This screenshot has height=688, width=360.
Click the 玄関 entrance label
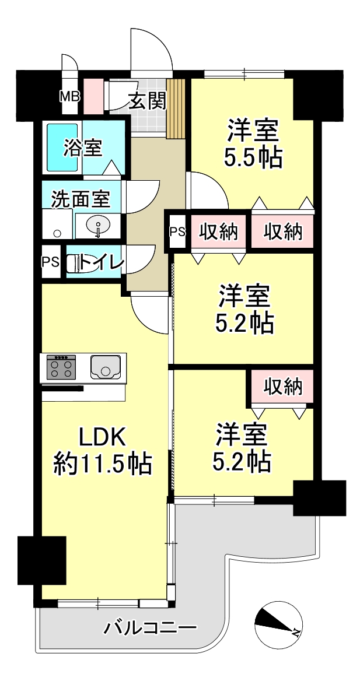tap(148, 102)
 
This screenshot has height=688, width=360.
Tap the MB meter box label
tap(70, 96)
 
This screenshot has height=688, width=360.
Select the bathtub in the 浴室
tap(62, 148)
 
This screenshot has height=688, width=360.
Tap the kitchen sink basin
tap(105, 366)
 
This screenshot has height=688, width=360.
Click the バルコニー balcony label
tap(149, 629)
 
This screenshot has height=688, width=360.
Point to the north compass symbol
tap(278, 624)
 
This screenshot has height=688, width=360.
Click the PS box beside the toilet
tap(51, 262)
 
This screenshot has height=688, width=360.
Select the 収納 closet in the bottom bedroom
tap(283, 387)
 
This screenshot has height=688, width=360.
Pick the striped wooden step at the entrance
tap(177, 108)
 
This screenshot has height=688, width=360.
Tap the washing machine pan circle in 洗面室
tap(57, 233)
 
